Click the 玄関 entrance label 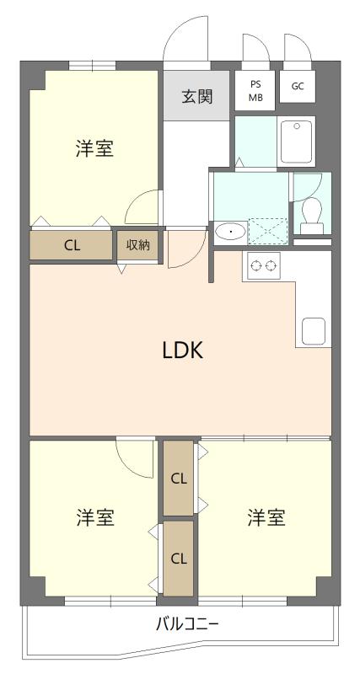point(197,97)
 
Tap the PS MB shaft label point(255,91)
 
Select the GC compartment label point(298,86)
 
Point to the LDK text point(182,351)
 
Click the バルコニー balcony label point(187,623)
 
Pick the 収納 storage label point(137,245)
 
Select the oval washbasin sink point(230,233)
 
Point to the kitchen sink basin point(313,331)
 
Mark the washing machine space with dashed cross point(267,231)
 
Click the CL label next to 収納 point(73,245)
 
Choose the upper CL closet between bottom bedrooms point(179,479)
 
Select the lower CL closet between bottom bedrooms point(179,559)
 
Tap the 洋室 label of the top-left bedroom point(94,148)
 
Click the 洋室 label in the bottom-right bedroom point(266,517)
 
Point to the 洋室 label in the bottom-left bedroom point(95,517)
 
